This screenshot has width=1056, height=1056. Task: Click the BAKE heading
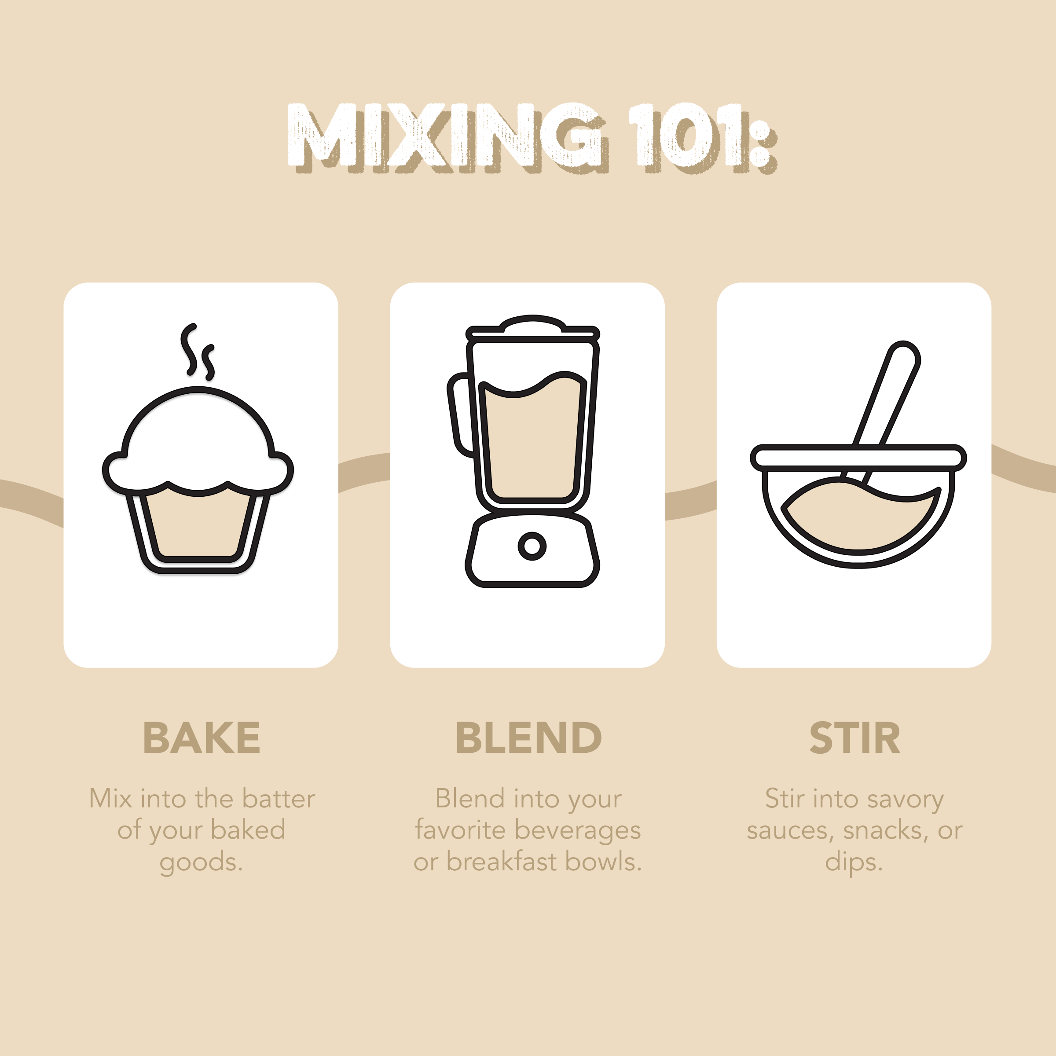[202, 737]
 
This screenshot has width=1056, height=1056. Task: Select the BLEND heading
[528, 737]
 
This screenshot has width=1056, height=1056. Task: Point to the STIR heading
[854, 737]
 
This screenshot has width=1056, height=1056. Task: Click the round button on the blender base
[532, 546]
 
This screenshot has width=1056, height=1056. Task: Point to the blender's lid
[533, 327]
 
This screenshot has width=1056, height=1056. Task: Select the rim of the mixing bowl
[858, 458]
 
